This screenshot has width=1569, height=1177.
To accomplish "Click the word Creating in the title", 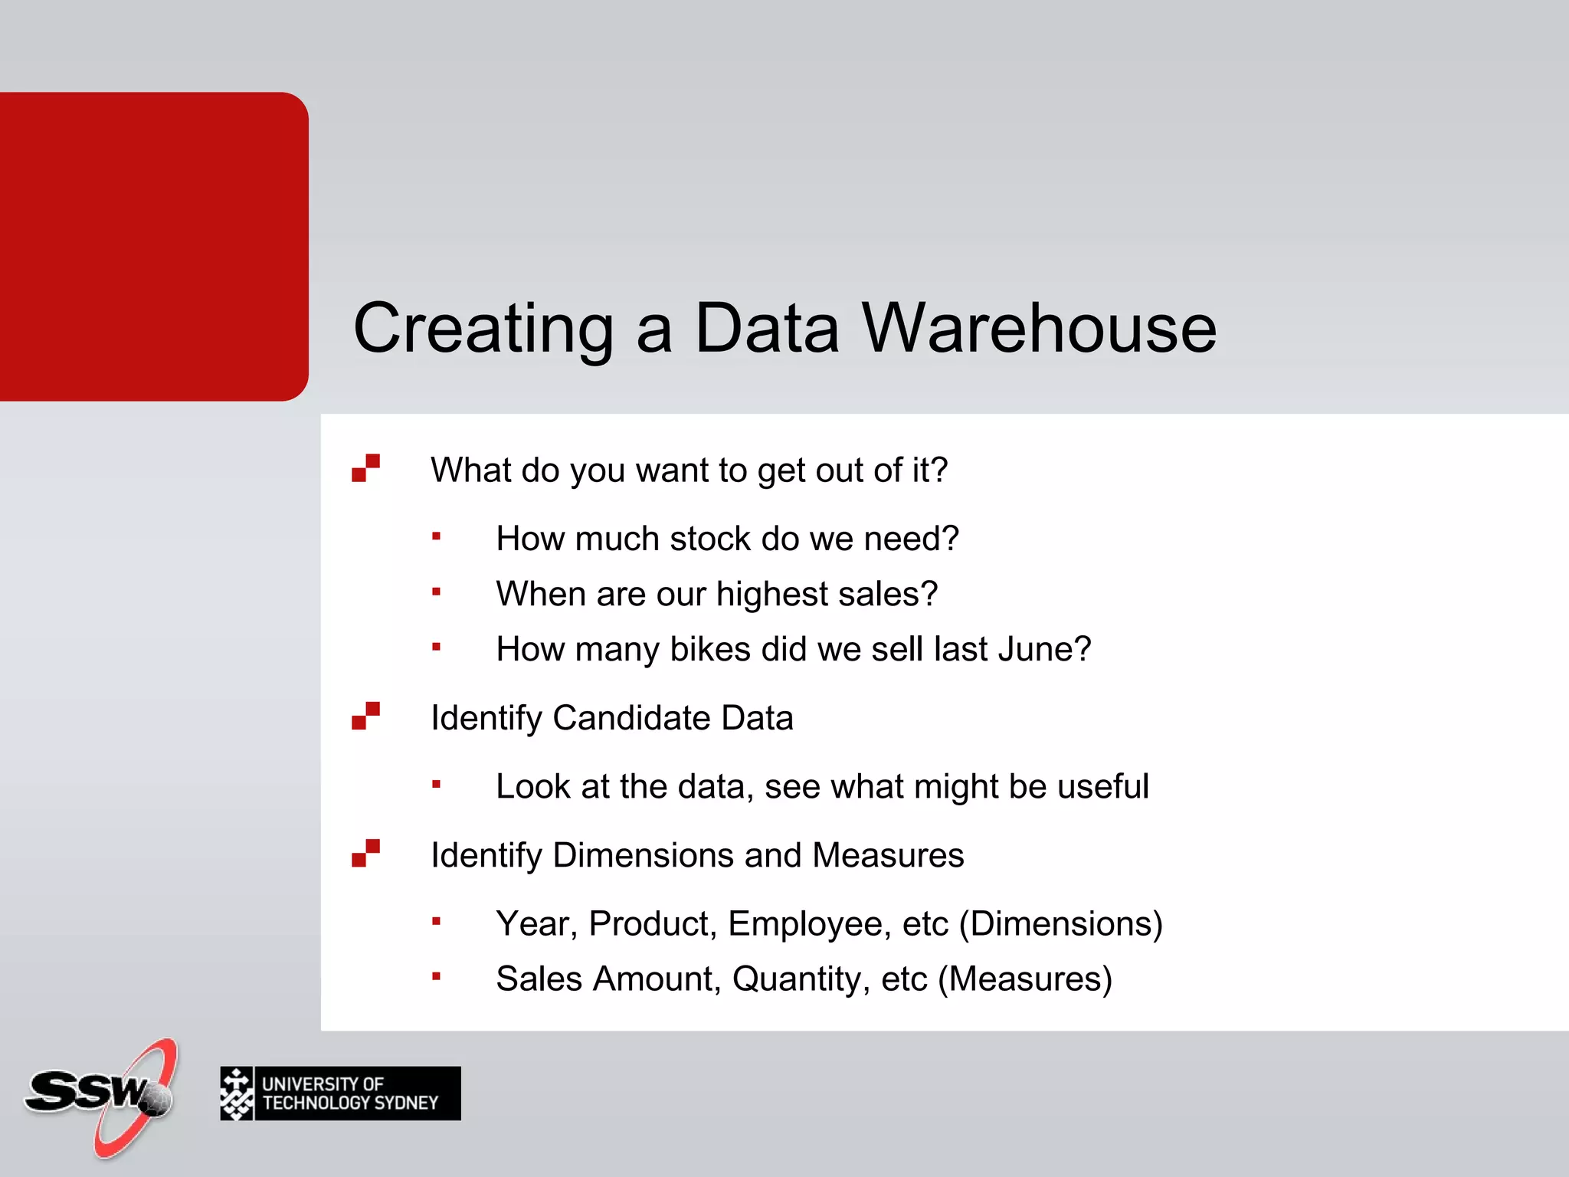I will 483,328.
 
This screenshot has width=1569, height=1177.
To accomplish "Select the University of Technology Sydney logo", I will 340,1093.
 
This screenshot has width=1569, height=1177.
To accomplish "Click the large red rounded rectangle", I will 153,246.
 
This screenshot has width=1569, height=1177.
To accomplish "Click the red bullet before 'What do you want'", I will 365,468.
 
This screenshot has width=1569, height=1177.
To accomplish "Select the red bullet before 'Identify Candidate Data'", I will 365,716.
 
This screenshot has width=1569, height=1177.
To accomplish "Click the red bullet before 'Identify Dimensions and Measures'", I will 365,853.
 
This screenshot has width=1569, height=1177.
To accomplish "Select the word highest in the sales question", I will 774,594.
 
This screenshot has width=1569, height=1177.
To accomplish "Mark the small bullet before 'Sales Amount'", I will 436,975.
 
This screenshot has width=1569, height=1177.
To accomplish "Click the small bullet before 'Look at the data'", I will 436,783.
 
